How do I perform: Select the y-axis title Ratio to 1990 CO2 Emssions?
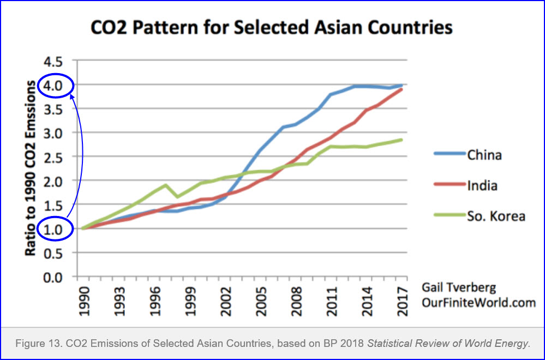(32, 169)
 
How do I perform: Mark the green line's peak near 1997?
(165, 185)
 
